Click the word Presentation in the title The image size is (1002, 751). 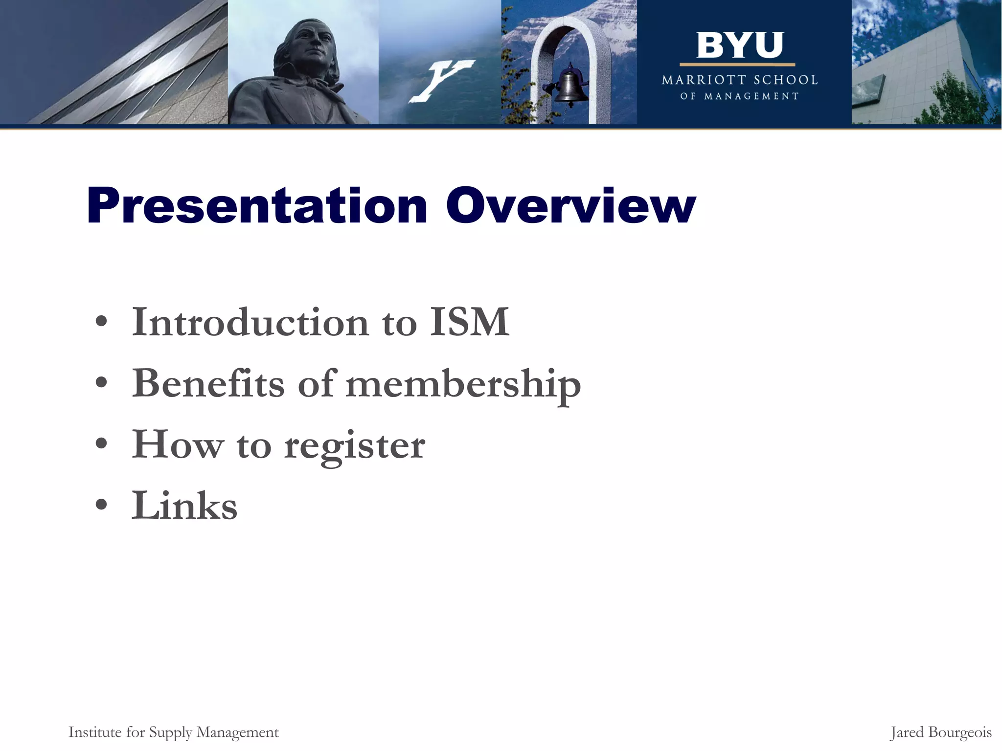[256, 206]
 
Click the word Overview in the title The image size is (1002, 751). [570, 206]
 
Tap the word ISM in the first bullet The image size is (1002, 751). [470, 322]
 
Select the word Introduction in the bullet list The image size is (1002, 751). [250, 322]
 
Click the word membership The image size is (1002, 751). [463, 384]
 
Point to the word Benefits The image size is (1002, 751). [208, 383]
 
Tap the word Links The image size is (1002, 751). [184, 506]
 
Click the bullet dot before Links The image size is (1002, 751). [101, 506]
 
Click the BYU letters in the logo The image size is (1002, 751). [739, 45]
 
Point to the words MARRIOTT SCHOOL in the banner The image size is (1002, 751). [739, 80]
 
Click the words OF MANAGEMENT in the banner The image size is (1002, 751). [739, 96]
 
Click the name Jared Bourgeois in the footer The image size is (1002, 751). [940, 732]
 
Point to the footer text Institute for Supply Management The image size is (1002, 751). [173, 732]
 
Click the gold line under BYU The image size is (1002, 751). [737, 65]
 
